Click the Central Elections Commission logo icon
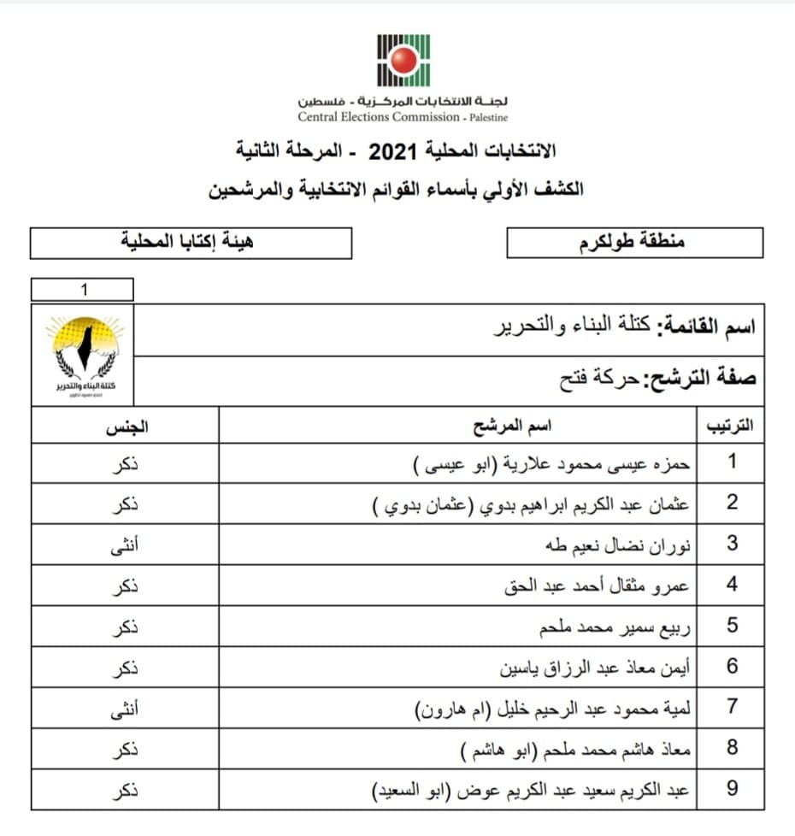tap(404, 60)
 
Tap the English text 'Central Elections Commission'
tap(379, 117)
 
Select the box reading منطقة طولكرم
tap(634, 243)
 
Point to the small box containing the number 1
tap(82, 290)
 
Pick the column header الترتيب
tap(732, 426)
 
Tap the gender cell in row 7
tap(126, 707)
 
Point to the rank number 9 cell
tap(732, 789)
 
